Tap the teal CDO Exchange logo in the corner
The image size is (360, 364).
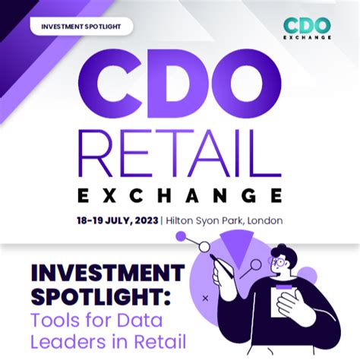pos(308,27)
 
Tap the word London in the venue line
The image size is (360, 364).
pos(263,220)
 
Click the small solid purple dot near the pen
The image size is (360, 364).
pos(181,236)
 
